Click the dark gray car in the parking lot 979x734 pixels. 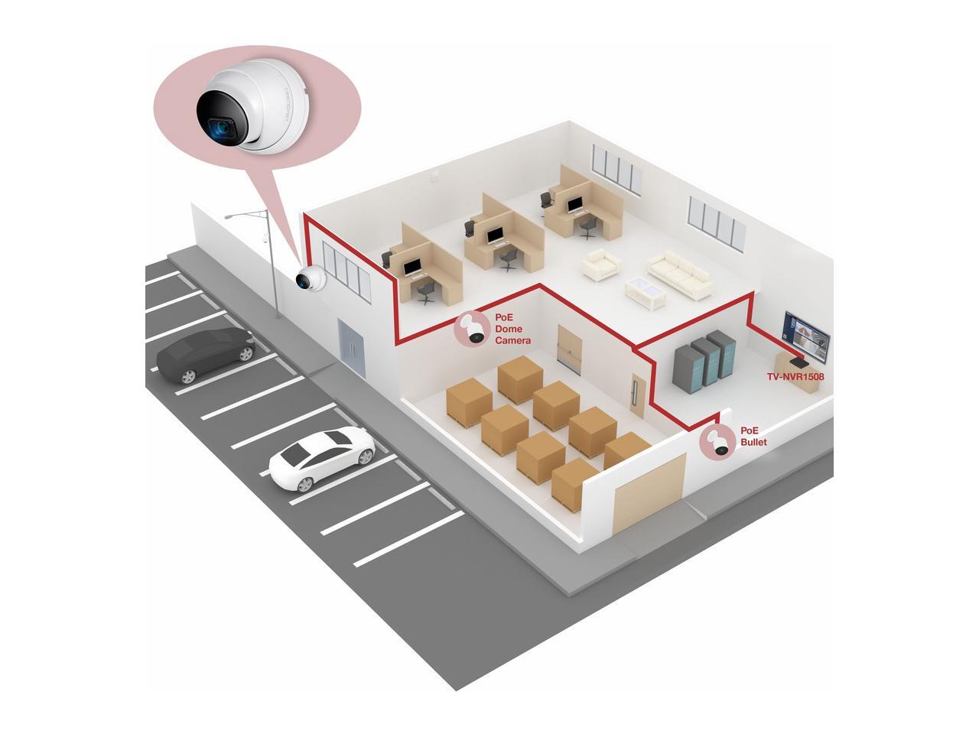204,354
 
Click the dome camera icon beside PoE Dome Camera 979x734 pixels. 473,330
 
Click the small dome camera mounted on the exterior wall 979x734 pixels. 311,281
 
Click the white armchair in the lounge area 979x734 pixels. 602,266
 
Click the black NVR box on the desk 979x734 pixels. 798,360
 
